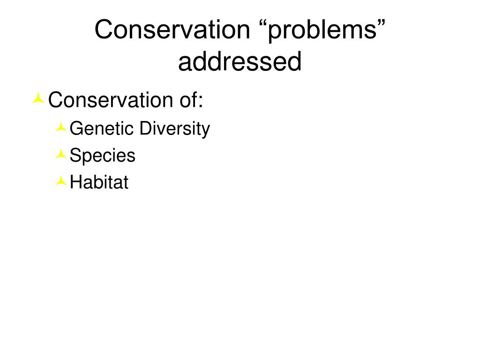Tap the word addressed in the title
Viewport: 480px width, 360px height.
(240, 62)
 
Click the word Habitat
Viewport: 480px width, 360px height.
(99, 183)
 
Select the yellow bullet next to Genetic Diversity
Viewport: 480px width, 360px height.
(61, 127)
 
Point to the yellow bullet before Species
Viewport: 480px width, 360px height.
(61, 154)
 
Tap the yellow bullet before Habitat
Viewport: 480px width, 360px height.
(61, 181)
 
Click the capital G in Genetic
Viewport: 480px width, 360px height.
(75, 128)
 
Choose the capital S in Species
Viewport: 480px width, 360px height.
(75, 156)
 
